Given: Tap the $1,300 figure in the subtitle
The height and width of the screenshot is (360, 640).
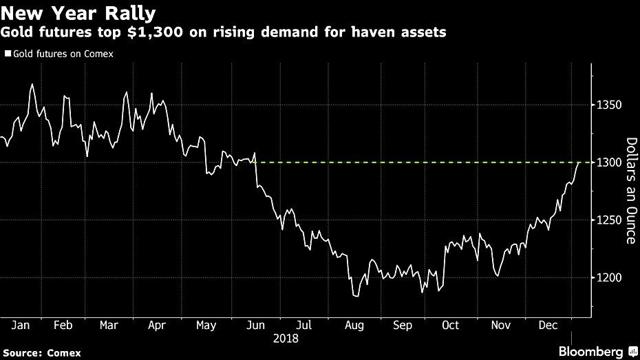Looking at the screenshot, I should coord(184,32).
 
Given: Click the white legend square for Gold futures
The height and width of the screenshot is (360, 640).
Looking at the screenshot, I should coord(8,53).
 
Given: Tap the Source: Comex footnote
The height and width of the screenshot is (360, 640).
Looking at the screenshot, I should coord(41,352).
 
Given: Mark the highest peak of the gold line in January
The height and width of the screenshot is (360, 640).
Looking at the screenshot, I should coord(32,85).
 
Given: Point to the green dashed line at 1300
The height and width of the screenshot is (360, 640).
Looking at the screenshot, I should coord(413,162).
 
